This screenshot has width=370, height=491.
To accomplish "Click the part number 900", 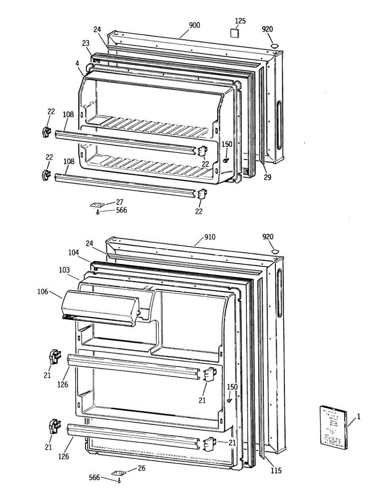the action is click(194, 25).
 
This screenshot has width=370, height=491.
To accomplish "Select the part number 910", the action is click(210, 237).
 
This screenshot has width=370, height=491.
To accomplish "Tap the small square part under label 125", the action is click(235, 32).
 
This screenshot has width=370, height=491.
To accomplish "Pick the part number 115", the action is click(276, 471).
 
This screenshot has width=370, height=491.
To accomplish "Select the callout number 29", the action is click(267, 177).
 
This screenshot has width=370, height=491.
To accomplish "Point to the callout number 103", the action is click(64, 270).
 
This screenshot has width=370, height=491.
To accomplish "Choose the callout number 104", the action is click(74, 253).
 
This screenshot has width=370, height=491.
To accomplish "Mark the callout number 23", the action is click(86, 43).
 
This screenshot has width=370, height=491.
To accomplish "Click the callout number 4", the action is click(77, 63).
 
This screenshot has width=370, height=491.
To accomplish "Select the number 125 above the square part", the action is click(240, 20).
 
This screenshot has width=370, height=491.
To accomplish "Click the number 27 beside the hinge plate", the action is click(120, 202).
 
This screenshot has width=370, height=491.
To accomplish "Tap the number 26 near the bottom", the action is click(141, 468).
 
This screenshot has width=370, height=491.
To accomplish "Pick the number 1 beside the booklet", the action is click(359, 417).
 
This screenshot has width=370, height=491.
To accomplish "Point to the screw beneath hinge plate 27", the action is click(97, 212).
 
